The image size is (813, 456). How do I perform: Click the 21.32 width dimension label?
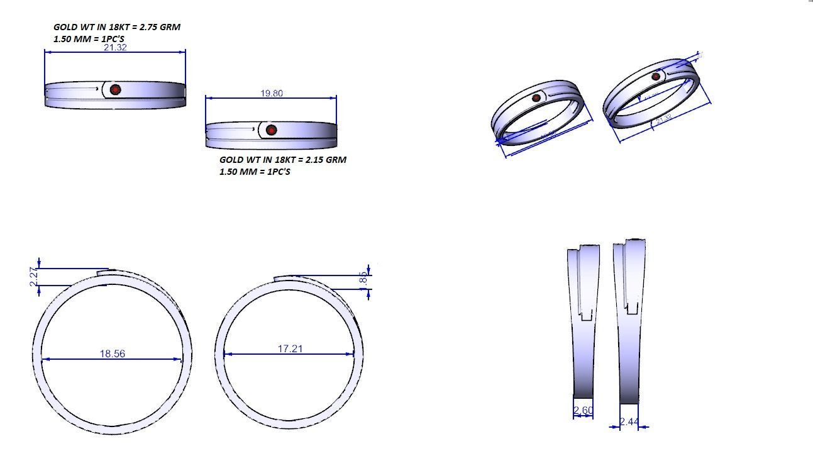pyautogui.click(x=115, y=47)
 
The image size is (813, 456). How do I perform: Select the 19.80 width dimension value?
pyautogui.click(x=272, y=93)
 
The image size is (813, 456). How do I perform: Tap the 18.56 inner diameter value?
pyautogui.click(x=112, y=354)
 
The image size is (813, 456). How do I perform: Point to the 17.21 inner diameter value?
pyautogui.click(x=290, y=348)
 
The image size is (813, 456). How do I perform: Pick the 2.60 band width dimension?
pyautogui.click(x=583, y=411)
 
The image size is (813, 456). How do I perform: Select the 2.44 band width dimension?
pyautogui.click(x=629, y=422)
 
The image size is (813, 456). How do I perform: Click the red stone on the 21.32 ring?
pyautogui.click(x=115, y=90)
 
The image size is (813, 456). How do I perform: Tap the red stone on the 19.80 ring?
pyautogui.click(x=271, y=130)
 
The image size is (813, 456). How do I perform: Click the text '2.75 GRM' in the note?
pyautogui.click(x=160, y=27)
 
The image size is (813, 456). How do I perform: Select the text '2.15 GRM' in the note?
pyautogui.click(x=326, y=160)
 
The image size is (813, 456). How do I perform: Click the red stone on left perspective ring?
pyautogui.click(x=536, y=97)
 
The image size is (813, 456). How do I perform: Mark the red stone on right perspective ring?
pyautogui.click(x=656, y=77)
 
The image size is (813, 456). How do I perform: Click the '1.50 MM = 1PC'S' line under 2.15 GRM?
pyautogui.click(x=255, y=172)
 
